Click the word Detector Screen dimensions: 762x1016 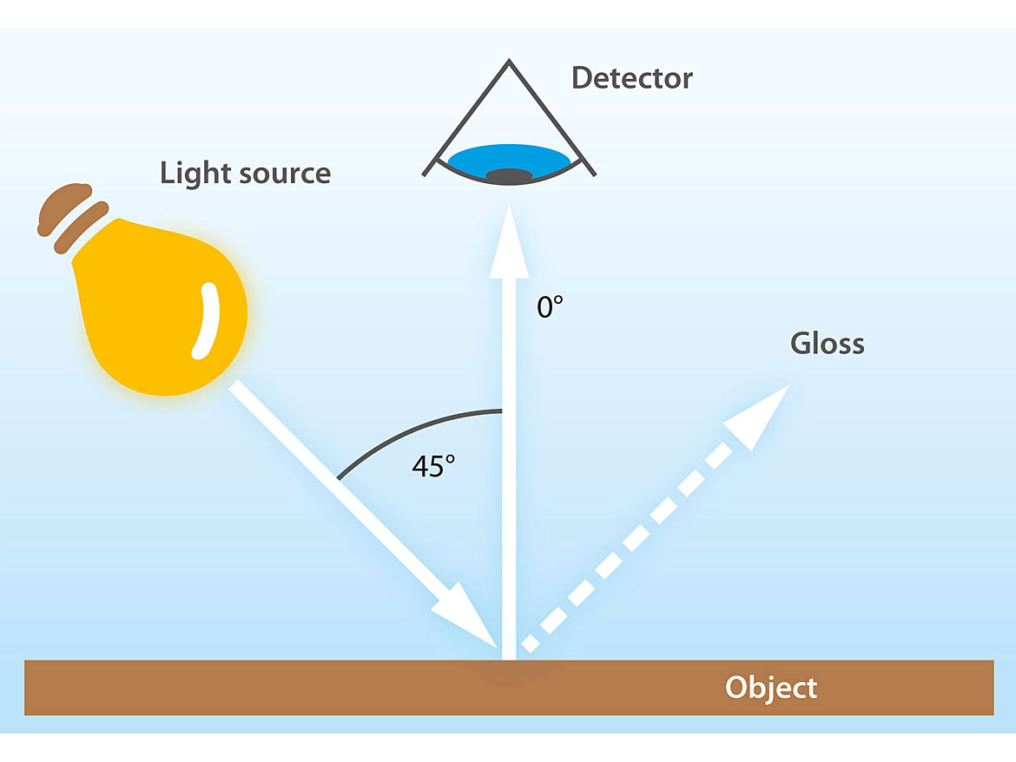click(x=631, y=78)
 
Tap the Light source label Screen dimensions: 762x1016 click(x=245, y=173)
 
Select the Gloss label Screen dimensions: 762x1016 click(x=827, y=344)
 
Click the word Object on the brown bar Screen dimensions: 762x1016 click(x=771, y=688)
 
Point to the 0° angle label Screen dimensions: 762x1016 click(x=551, y=306)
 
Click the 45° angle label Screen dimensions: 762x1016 click(x=433, y=466)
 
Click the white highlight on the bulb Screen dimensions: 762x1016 click(x=205, y=321)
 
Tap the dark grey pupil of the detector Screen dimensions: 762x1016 click(x=508, y=176)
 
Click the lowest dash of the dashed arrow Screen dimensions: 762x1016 click(x=531, y=643)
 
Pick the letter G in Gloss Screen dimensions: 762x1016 click(x=800, y=344)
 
